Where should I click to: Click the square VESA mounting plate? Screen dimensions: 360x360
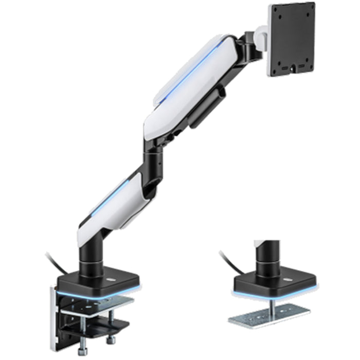click(292, 39)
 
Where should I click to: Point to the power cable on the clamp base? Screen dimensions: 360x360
click(54, 260)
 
